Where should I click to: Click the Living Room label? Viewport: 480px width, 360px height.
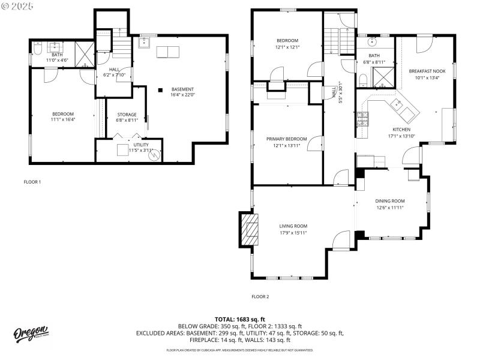click(x=293, y=226)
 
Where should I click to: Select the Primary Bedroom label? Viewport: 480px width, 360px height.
click(x=286, y=139)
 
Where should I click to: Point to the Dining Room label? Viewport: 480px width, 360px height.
click(x=389, y=201)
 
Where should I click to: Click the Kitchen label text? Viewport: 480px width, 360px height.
click(x=401, y=129)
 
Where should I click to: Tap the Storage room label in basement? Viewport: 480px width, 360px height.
click(x=127, y=115)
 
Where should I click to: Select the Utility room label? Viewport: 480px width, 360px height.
click(x=141, y=145)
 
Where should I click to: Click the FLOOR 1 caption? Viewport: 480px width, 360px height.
click(x=32, y=182)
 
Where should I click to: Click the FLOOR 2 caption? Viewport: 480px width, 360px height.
click(x=260, y=296)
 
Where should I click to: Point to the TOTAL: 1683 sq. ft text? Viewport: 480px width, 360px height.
click(x=239, y=319)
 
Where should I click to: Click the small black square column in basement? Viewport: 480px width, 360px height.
click(x=160, y=90)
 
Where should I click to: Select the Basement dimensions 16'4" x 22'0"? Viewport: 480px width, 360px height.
click(x=182, y=95)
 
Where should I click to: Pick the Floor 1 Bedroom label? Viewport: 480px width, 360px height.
click(x=62, y=114)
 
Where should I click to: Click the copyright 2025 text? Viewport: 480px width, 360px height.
click(x=17, y=5)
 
